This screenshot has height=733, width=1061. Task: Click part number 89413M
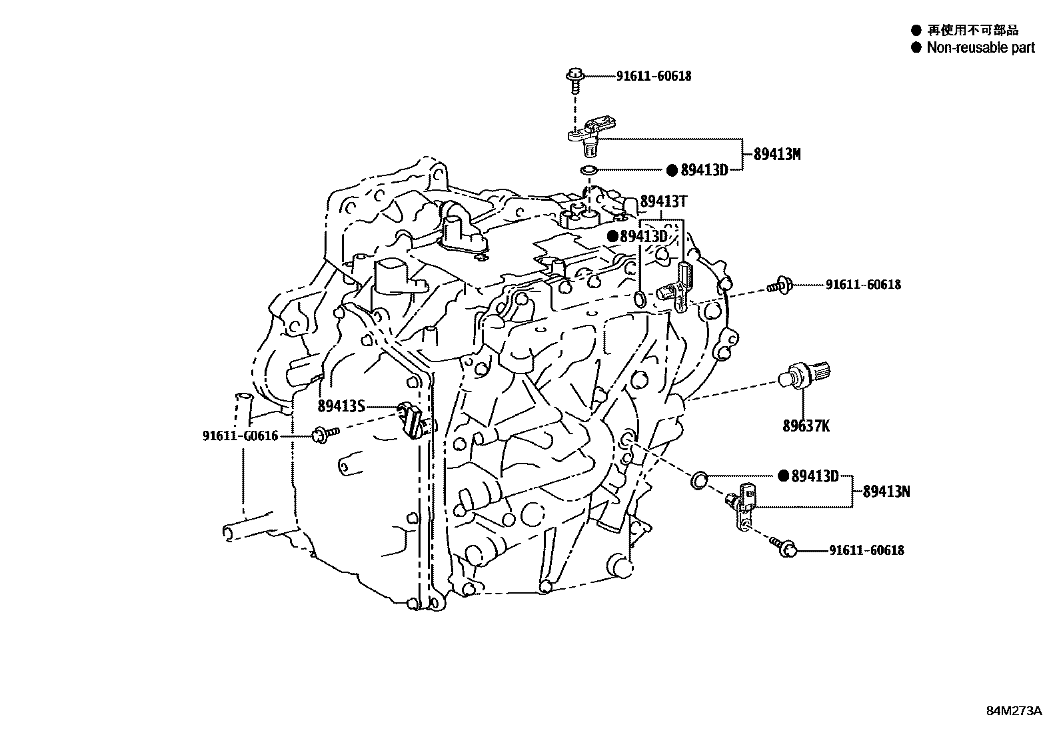coord(776,154)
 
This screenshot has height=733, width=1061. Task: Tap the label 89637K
coord(806,426)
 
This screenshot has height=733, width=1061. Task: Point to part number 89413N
coord(886,492)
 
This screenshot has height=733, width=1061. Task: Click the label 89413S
coord(341,406)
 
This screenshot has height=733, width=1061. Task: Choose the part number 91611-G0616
coord(240,436)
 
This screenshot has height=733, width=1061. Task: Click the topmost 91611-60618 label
coord(653,76)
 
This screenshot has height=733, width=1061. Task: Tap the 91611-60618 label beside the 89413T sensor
coord(863,285)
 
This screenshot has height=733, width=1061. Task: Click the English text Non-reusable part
coord(980,47)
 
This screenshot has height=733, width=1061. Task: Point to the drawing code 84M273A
coord(1014,711)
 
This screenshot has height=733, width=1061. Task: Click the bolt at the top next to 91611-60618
coord(575,77)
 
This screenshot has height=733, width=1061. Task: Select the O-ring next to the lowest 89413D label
coord(699,478)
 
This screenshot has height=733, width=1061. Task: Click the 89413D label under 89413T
coord(643,237)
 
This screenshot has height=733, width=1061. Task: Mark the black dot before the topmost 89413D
coord(672,170)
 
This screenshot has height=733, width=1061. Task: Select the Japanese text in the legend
coord(972,30)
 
